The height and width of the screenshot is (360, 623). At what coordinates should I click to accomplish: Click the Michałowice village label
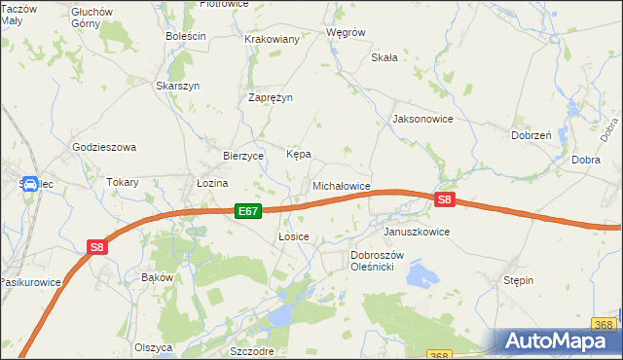point(341,185)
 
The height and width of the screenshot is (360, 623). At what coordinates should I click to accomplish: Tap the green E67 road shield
point(248,210)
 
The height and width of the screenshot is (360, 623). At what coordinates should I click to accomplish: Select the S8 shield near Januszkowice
point(444,199)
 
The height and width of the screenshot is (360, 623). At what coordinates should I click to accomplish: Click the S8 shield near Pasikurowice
point(96,247)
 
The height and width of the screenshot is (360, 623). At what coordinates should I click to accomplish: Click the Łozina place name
point(211,182)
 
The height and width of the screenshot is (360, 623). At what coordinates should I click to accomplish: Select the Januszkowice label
point(417,233)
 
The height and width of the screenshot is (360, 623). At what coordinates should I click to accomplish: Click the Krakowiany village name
point(272,39)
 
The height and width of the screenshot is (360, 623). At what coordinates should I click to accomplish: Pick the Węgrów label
point(346,32)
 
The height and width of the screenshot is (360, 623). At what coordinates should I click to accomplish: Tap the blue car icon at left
point(29,184)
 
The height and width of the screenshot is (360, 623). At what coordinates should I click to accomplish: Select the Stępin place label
point(518,280)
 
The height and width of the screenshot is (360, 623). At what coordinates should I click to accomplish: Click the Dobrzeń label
point(531,136)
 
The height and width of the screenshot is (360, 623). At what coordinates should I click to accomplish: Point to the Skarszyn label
point(178,86)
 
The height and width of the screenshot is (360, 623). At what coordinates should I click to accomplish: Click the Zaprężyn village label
point(271,98)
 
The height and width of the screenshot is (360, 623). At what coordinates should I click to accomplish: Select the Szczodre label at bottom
point(251,351)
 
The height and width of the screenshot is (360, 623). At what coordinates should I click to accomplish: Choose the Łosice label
point(293,236)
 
